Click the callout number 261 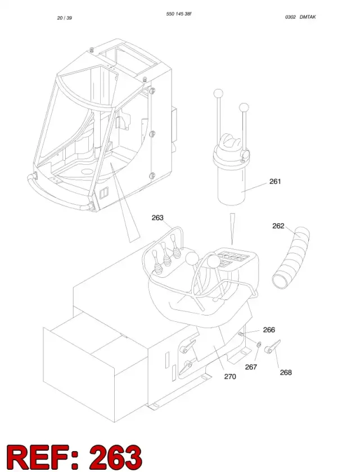[x=275, y=181]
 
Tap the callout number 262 [x=278, y=226]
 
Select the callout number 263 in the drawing [x=157, y=217]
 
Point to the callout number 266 [x=269, y=330]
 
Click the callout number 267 [x=251, y=367]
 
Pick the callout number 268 [x=286, y=372]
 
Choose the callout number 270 [x=230, y=376]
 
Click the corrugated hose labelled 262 [x=291, y=258]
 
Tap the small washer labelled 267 [x=259, y=344]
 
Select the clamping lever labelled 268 [x=272, y=346]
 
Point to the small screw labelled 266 [x=241, y=334]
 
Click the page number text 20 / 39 [x=65, y=18]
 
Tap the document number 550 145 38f [x=179, y=14]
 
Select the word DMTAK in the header [x=308, y=17]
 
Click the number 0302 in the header [x=290, y=17]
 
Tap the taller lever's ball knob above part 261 [x=218, y=93]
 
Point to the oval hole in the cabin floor [x=87, y=172]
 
